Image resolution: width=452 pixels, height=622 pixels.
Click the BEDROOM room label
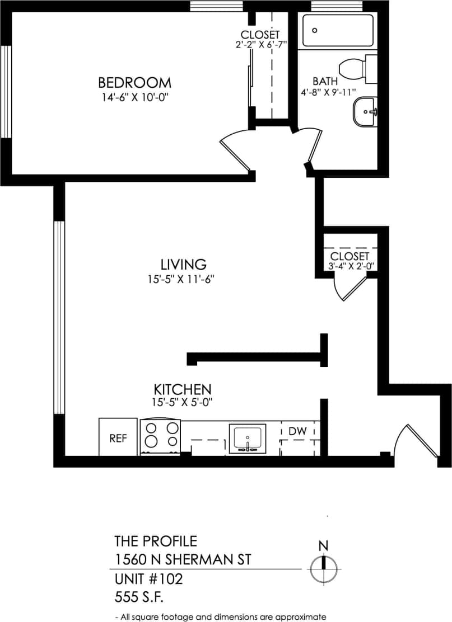(x=134, y=83)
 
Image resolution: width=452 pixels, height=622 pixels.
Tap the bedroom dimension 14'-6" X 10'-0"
(x=134, y=97)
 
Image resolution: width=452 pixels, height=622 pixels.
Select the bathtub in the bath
(x=337, y=31)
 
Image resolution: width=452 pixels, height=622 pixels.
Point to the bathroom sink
(x=365, y=112)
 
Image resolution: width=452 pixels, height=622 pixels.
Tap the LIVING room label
(x=183, y=264)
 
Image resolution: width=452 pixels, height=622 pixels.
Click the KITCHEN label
(x=183, y=389)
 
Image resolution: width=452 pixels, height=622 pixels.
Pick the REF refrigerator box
(x=118, y=437)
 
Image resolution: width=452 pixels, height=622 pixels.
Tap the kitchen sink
(x=247, y=438)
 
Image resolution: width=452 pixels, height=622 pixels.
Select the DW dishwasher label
(x=297, y=431)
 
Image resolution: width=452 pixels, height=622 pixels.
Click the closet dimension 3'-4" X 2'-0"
(x=350, y=266)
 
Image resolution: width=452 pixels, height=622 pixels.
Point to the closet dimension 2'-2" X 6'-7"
(x=261, y=44)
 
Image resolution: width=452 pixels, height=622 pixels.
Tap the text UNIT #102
(x=148, y=578)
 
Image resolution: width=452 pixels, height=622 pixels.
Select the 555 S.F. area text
(x=139, y=597)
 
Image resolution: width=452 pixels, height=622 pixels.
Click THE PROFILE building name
(x=156, y=541)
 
